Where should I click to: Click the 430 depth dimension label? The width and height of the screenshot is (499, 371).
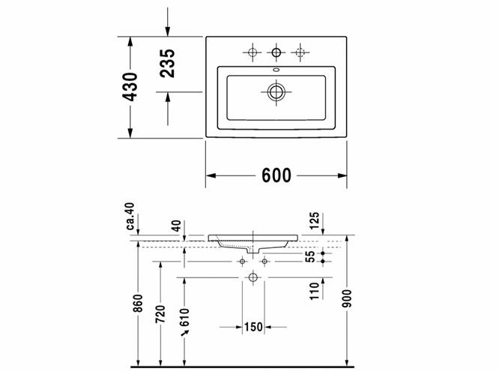point(130,87)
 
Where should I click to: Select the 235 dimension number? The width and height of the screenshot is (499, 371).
point(167,64)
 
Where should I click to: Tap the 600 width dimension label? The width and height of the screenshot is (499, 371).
point(276,175)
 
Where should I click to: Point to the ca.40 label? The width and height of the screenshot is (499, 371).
point(130,217)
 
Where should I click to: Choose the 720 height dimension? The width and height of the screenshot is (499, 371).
point(160,314)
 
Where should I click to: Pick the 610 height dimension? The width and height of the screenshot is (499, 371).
point(184,318)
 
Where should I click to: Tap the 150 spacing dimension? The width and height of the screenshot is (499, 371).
point(253,327)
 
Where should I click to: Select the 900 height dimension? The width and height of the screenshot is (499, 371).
point(348,298)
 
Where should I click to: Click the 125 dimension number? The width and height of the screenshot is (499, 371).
point(314,220)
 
